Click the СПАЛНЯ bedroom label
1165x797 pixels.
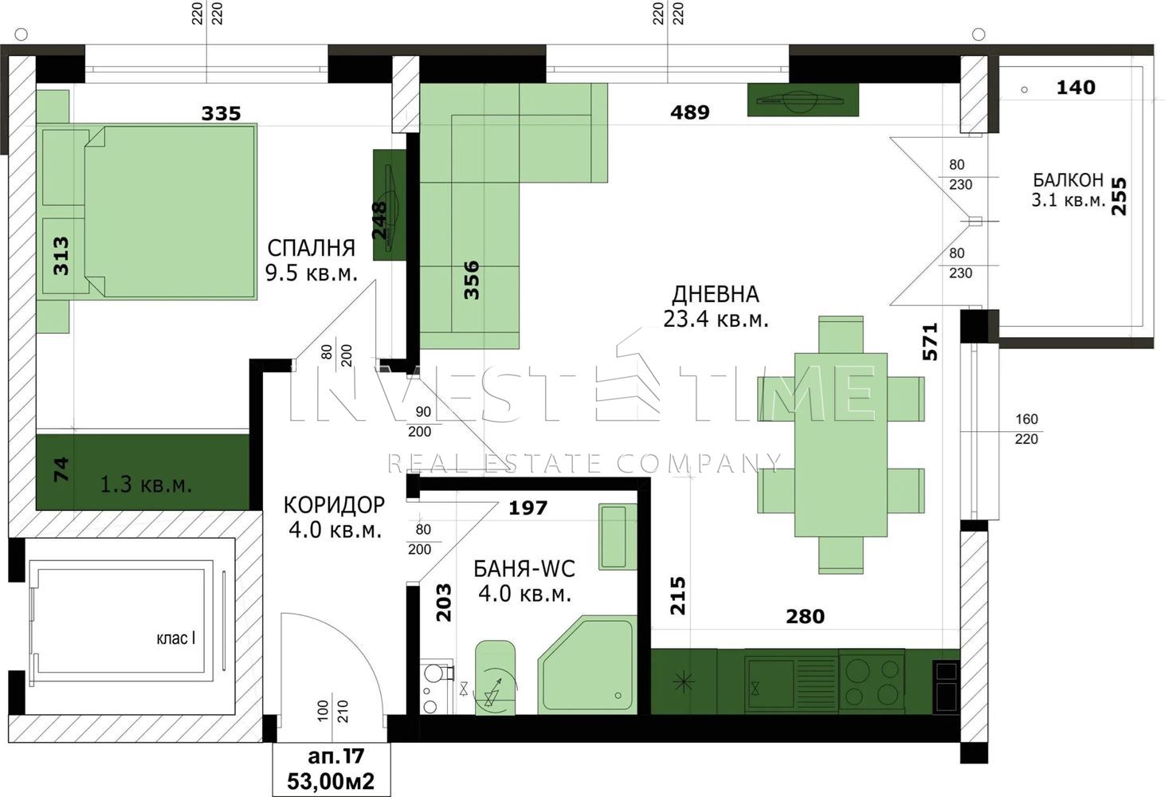[x=311, y=248]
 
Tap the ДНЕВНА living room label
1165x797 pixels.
[x=716, y=294]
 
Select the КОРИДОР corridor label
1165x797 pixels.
[x=334, y=505]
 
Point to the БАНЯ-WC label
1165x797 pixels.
[x=524, y=568]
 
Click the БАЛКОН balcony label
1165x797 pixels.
[x=1068, y=180]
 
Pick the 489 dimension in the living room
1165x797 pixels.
[x=689, y=112]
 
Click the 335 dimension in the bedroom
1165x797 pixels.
[x=221, y=113]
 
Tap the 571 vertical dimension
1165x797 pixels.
[x=930, y=342]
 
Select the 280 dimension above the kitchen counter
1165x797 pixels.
[x=805, y=616]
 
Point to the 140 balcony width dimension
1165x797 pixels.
[x=1076, y=88]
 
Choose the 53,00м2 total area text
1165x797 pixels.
[x=331, y=781]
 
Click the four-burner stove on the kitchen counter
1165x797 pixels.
[x=871, y=681]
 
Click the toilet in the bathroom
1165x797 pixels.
[x=495, y=677]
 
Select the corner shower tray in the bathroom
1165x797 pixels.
[x=588, y=665]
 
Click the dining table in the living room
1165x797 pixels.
[x=841, y=445]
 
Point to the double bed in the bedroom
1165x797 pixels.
[x=171, y=211]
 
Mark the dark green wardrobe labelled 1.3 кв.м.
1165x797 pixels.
[x=143, y=473]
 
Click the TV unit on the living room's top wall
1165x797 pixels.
[x=802, y=100]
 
